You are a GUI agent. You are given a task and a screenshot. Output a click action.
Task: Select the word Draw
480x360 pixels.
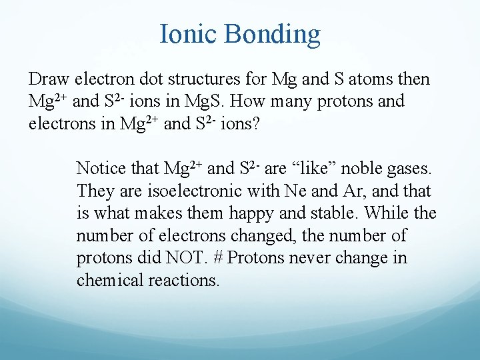pyautogui.click(x=49, y=80)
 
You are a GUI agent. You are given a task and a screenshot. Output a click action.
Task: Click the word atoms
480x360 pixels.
pyautogui.click(x=371, y=80)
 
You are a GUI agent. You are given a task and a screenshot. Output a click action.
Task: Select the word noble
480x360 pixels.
pyautogui.click(x=363, y=169)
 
